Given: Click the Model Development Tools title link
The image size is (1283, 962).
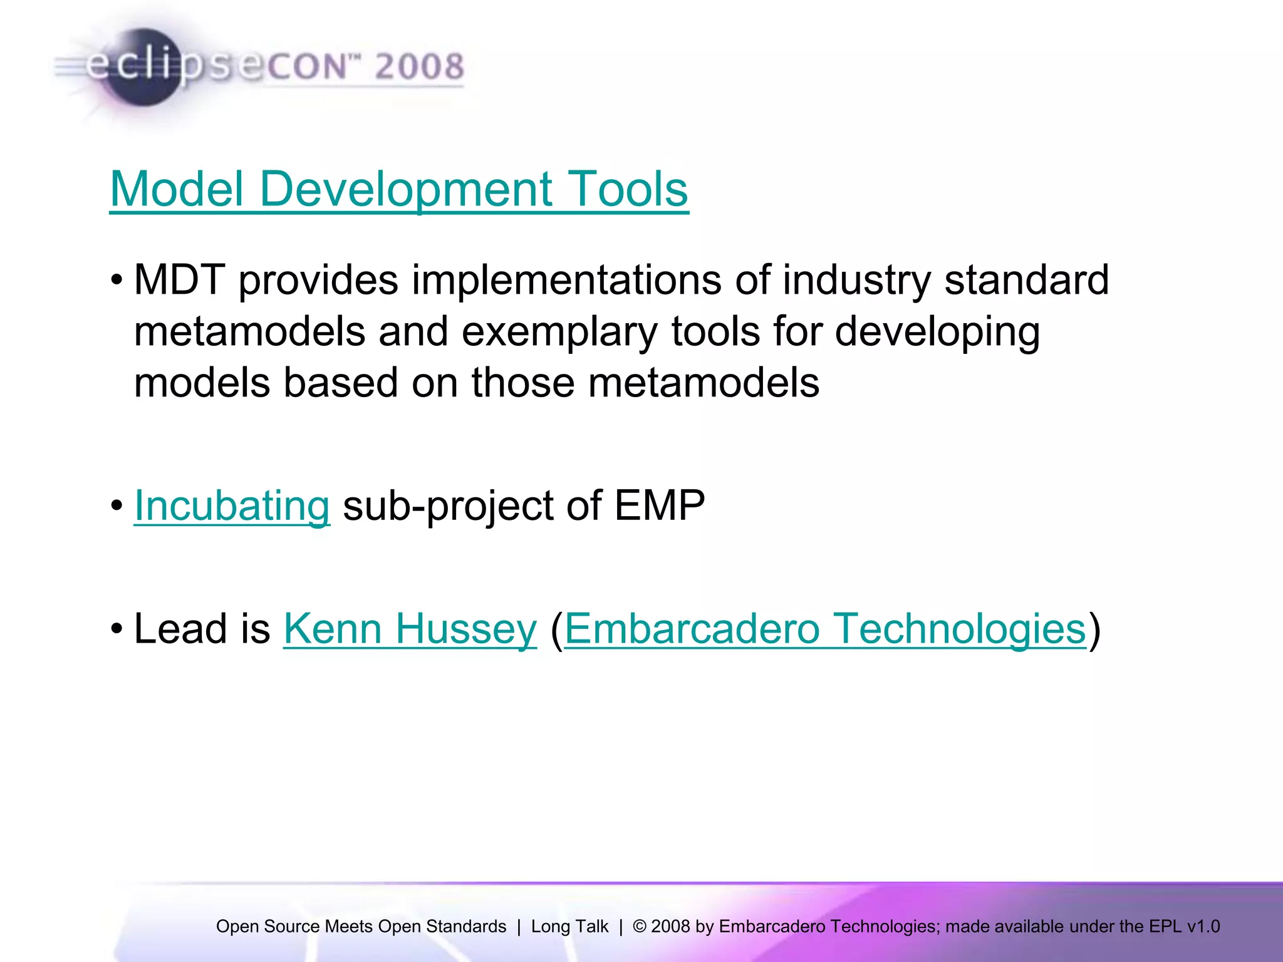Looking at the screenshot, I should (398, 189).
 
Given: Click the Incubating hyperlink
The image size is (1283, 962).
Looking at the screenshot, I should (232, 505).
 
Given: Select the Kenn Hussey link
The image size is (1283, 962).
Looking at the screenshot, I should (410, 629).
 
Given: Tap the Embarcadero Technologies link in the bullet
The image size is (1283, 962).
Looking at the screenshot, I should (825, 629).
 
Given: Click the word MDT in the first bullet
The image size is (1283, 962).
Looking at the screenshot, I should (179, 280).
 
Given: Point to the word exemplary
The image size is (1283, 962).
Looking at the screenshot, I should (559, 331).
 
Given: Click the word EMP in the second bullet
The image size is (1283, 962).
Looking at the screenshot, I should (659, 505).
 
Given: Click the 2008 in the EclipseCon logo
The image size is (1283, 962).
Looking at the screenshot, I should (419, 66).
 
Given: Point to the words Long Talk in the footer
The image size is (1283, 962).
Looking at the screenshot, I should (569, 926).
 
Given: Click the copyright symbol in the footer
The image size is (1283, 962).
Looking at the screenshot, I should (640, 926).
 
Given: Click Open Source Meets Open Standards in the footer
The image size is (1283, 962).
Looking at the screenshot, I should (361, 926).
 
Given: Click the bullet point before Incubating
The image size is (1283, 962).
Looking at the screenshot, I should (117, 506).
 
